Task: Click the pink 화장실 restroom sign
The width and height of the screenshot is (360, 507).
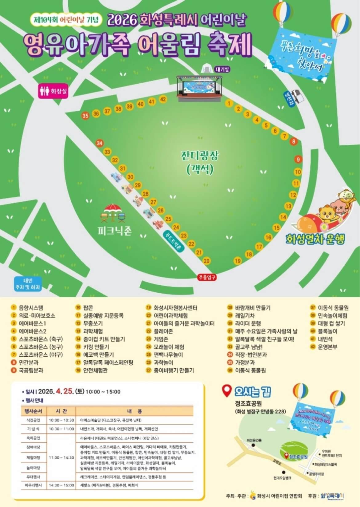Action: pyautogui.click(x=53, y=91)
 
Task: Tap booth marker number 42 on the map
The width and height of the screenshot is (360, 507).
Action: pyautogui.click(x=163, y=99)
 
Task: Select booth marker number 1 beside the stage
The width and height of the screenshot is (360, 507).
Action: pyautogui.click(x=229, y=103)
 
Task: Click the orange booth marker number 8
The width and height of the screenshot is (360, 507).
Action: pyautogui.click(x=294, y=141)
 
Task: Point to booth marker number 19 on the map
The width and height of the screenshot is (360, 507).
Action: pyautogui.click(x=238, y=261)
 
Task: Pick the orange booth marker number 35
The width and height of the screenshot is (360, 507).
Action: pyautogui.click(x=85, y=116)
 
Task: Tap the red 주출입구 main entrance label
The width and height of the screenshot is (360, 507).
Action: pyautogui.click(x=207, y=277)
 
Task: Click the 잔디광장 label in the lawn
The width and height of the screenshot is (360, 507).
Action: pyautogui.click(x=200, y=156)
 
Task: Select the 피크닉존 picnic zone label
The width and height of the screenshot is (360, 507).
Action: pyautogui.click(x=114, y=231)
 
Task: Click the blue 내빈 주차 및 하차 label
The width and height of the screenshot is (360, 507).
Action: pyautogui.click(x=28, y=284)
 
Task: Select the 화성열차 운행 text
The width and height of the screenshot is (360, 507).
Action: pyautogui.click(x=315, y=239)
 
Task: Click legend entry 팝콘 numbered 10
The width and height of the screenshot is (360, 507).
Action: pyautogui.click(x=88, y=308)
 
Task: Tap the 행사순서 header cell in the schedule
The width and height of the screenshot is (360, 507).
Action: pyautogui.click(x=32, y=411)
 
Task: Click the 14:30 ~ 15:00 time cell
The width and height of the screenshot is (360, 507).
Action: pyautogui.click(x=61, y=485)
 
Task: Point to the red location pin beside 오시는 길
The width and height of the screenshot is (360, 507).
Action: pyautogui.click(x=227, y=391)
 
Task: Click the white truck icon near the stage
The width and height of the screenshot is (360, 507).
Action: pyautogui.click(x=297, y=96)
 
